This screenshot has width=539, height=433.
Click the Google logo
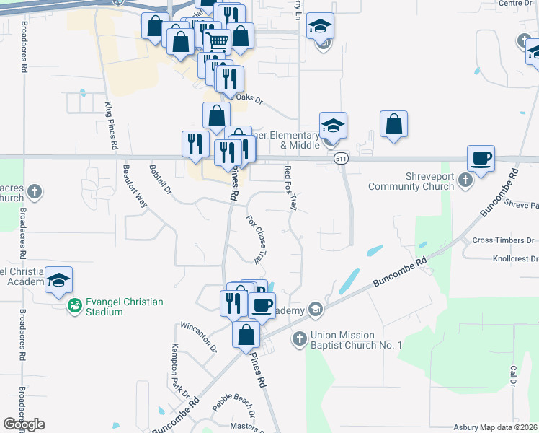point(24,424)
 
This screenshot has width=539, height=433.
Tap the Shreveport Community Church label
point(411,181)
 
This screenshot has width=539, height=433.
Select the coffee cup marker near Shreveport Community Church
point(481,158)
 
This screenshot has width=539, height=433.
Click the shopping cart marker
point(217,40)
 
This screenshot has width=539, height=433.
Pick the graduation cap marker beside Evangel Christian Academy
point(58,281)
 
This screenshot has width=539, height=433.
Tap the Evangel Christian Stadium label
point(124,307)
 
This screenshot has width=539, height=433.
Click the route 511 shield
point(342,158)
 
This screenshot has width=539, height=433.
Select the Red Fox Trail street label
point(290,188)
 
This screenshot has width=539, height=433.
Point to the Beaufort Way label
point(135,187)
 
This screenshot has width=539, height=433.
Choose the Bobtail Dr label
point(160,180)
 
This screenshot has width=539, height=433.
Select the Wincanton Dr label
point(198,336)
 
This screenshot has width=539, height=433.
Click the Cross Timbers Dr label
point(503,240)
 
